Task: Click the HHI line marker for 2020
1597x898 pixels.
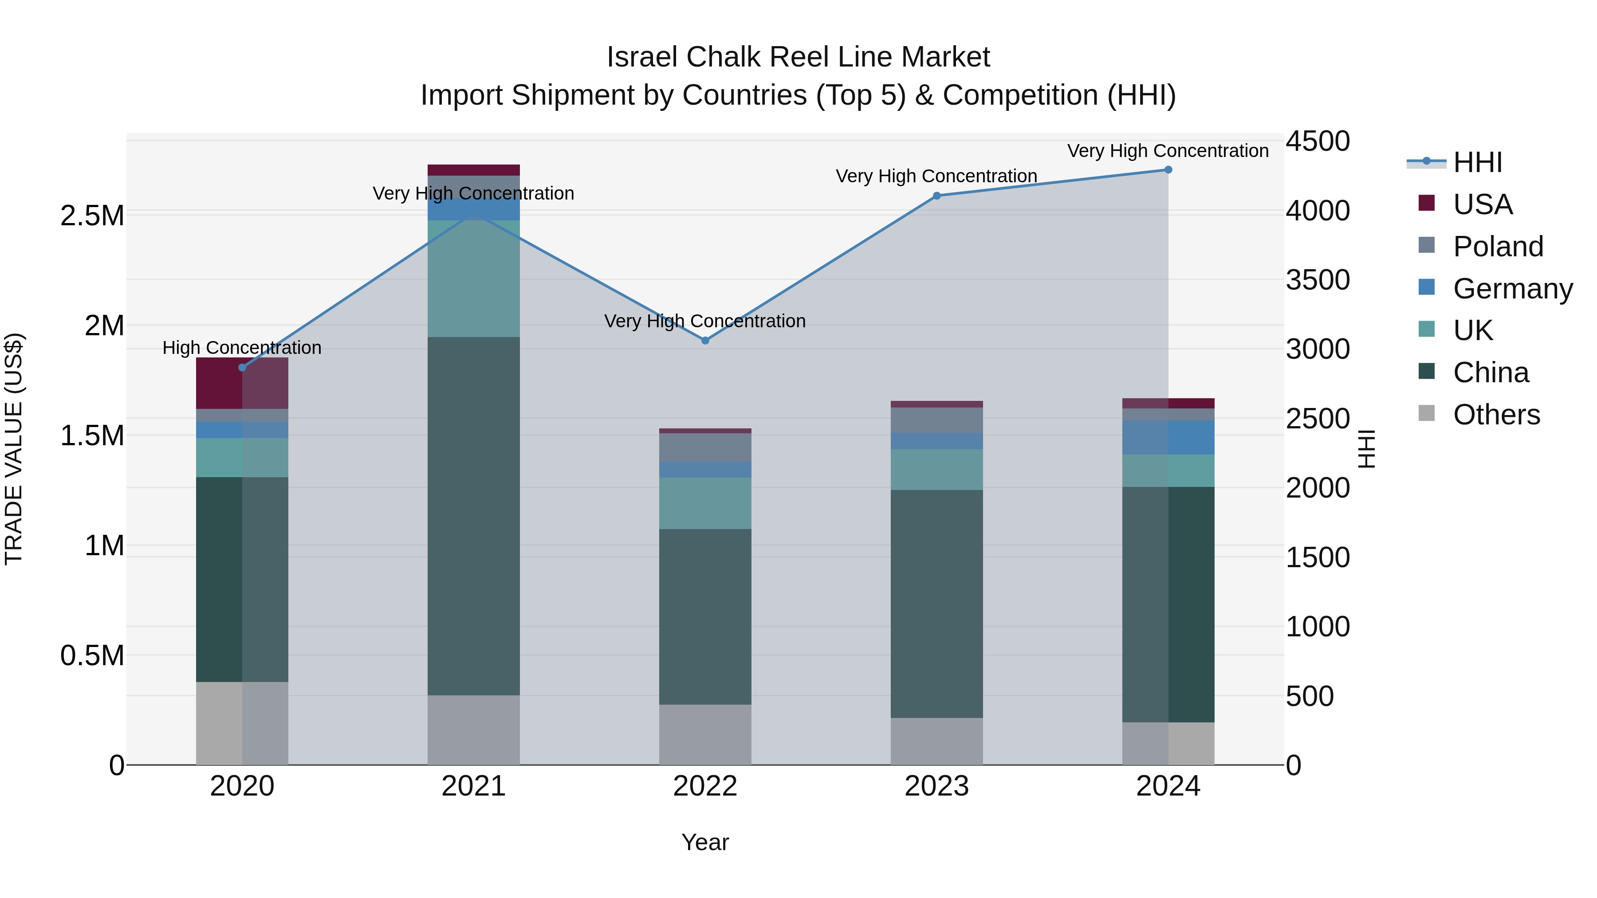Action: click(242, 368)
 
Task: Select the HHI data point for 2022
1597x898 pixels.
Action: click(705, 340)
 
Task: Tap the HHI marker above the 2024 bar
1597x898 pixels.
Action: click(1168, 170)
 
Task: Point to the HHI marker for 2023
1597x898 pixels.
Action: click(937, 196)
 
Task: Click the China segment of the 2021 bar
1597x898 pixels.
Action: click(474, 516)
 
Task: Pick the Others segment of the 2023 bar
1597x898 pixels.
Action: click(937, 741)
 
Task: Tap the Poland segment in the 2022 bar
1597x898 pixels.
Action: click(705, 447)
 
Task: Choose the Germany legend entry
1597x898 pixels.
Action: click(1513, 289)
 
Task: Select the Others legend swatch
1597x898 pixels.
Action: click(1427, 413)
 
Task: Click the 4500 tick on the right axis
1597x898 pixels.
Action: click(1318, 141)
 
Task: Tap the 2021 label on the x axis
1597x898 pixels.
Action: click(474, 786)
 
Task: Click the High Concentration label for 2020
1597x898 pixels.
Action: click(242, 348)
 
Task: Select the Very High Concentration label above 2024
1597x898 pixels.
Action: click(1168, 151)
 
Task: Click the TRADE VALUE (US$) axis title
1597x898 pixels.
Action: click(14, 449)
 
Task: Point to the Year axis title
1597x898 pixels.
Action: click(705, 842)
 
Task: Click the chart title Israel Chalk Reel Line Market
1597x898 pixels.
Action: click(798, 57)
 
